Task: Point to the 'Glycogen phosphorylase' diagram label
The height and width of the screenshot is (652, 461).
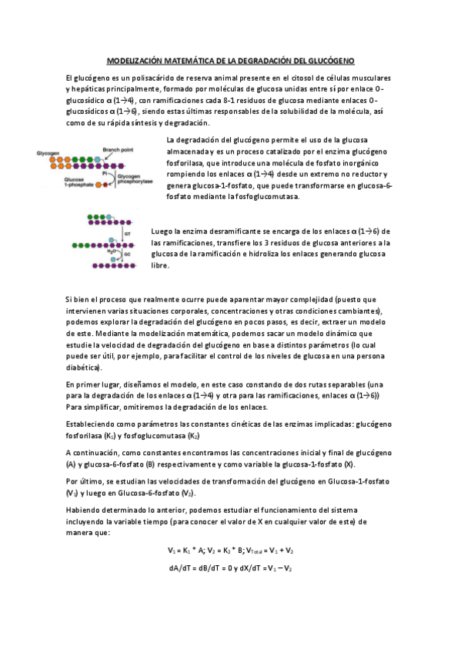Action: [132, 180]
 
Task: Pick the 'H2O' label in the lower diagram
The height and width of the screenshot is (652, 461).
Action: [112, 251]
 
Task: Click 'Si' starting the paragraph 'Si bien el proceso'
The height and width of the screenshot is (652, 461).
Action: [69, 298]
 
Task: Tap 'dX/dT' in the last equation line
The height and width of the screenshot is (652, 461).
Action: [246, 567]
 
